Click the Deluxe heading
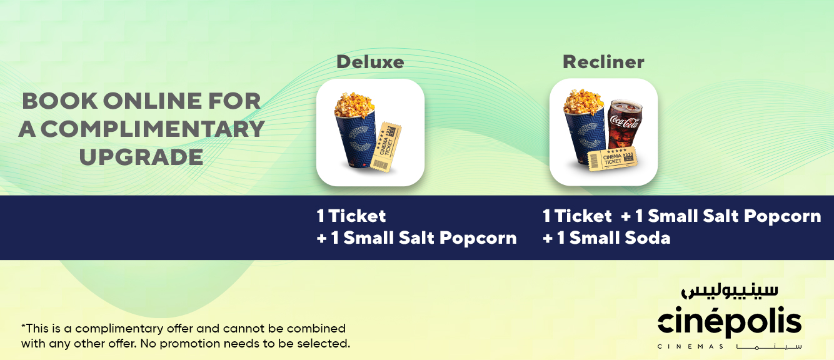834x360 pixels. (x=370, y=62)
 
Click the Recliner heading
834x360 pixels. (x=603, y=62)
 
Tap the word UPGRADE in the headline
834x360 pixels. (x=141, y=157)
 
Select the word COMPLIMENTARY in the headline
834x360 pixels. (x=153, y=129)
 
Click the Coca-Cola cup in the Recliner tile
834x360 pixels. (x=625, y=125)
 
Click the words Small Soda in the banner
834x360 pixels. (x=620, y=238)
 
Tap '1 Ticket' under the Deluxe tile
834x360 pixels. (x=351, y=216)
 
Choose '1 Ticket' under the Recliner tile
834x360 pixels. (x=577, y=216)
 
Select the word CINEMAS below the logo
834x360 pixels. (x=691, y=347)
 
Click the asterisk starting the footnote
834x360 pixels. (x=23, y=326)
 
